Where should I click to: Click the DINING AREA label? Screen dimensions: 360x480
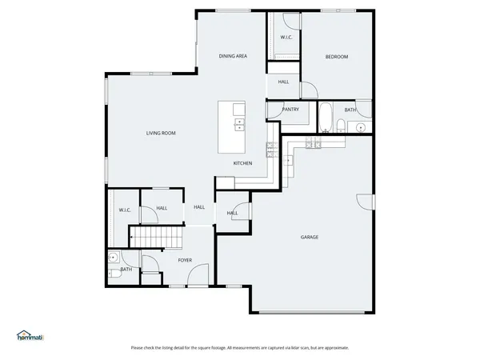pyautogui.click(x=233, y=56)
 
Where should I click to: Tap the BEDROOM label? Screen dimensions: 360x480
pyautogui.click(x=336, y=56)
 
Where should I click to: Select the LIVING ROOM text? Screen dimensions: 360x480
pyautogui.click(x=160, y=133)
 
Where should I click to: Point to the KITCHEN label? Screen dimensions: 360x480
pyautogui.click(x=242, y=163)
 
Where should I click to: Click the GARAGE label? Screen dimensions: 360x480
pyautogui.click(x=310, y=237)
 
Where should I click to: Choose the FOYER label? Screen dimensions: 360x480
pyautogui.click(x=185, y=260)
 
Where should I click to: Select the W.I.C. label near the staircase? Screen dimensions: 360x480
pyautogui.click(x=125, y=210)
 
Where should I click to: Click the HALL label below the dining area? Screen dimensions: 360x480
pyautogui.click(x=283, y=82)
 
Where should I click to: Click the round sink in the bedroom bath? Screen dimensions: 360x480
pyautogui.click(x=361, y=126)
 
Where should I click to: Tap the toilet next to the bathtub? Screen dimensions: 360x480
pyautogui.click(x=340, y=124)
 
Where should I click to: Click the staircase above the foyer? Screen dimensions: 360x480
pyautogui.click(x=156, y=237)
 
